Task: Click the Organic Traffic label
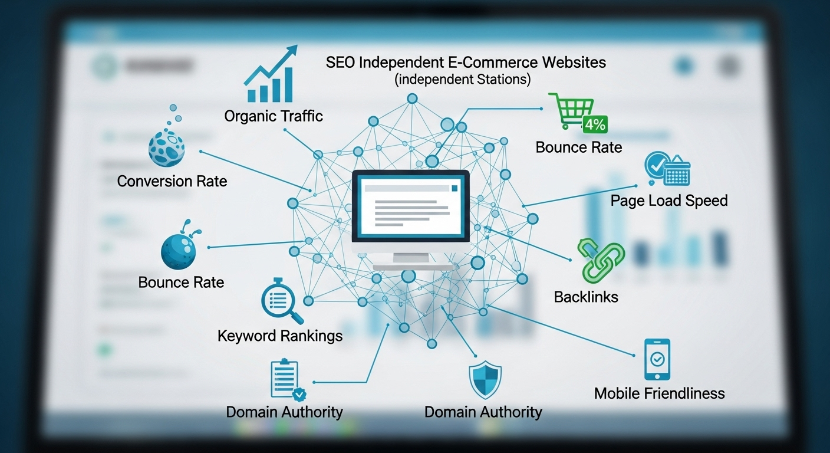click(274, 116)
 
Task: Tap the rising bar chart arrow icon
click(271, 73)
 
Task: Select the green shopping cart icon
click(571, 110)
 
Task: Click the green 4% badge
click(595, 124)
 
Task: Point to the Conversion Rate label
click(172, 181)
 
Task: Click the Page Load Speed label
click(669, 201)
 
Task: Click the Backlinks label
click(586, 297)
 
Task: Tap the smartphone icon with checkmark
click(657, 359)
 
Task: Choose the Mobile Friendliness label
click(659, 393)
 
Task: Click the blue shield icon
click(485, 380)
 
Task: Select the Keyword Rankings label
click(280, 336)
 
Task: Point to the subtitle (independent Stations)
click(462, 79)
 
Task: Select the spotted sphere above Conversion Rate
click(166, 148)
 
